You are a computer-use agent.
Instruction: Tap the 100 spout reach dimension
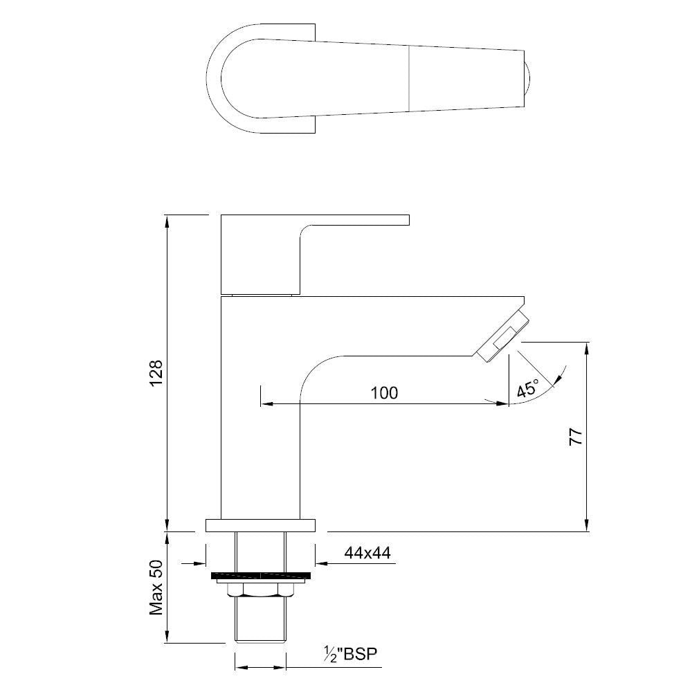[x=384, y=393]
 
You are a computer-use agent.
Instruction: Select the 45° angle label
[x=527, y=388]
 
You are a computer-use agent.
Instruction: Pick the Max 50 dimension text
[x=156, y=588]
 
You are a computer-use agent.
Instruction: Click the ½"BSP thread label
[x=352, y=654]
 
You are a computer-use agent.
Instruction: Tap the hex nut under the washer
[x=259, y=589]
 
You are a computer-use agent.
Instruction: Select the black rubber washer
[x=259, y=576]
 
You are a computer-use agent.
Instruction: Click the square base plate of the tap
[x=259, y=525]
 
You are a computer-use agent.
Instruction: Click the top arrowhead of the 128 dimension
[x=167, y=221]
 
